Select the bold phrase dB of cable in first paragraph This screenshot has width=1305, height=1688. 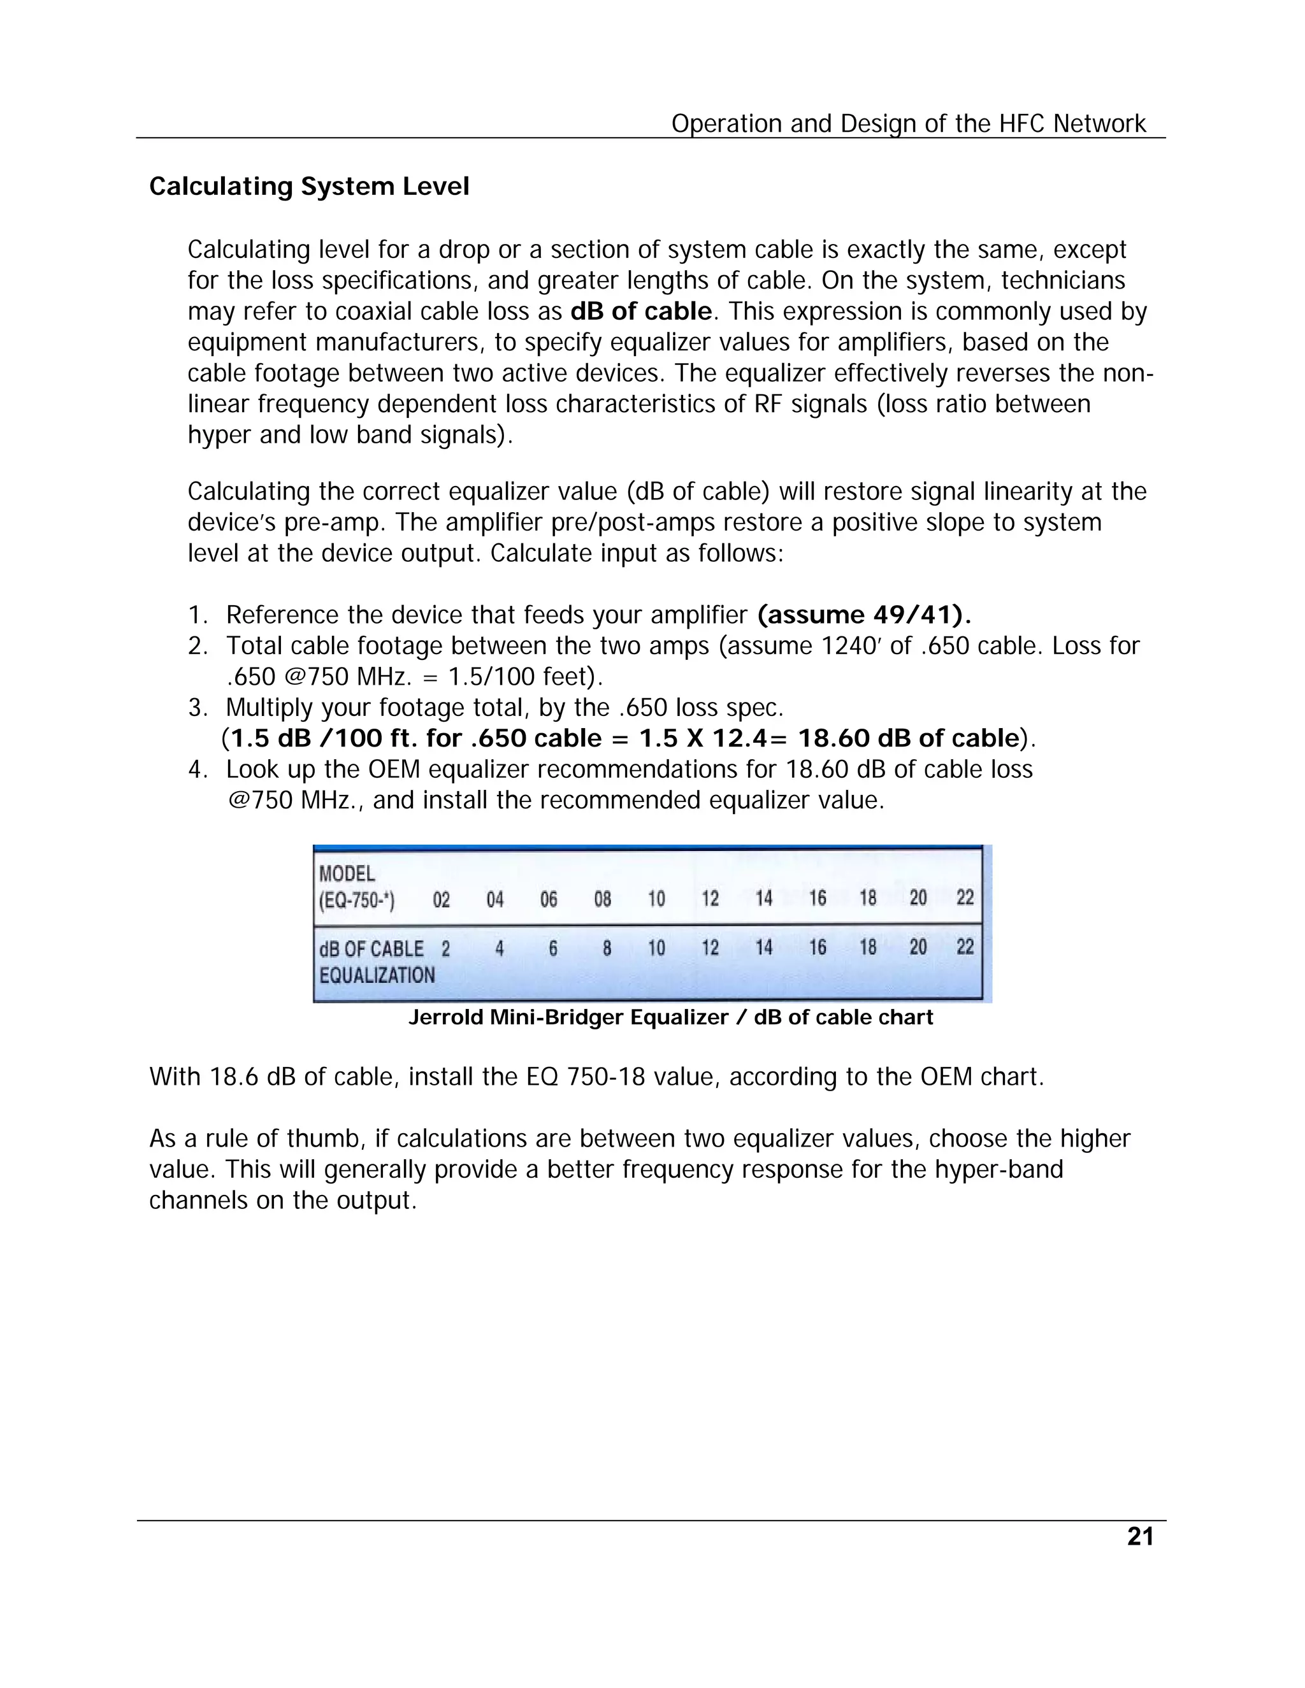point(641,311)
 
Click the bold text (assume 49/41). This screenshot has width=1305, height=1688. point(863,615)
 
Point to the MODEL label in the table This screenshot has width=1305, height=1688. point(347,873)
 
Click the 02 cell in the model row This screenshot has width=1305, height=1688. point(442,899)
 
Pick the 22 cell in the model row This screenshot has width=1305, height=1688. point(965,898)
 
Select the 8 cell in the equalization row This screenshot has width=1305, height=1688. point(607,948)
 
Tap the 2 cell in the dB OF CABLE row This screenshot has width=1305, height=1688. point(445,948)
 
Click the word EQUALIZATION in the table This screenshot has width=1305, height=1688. point(377,975)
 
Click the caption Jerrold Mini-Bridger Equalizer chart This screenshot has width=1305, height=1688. point(670,1017)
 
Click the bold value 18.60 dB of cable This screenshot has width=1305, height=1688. point(909,739)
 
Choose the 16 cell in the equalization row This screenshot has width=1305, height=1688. point(817,948)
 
